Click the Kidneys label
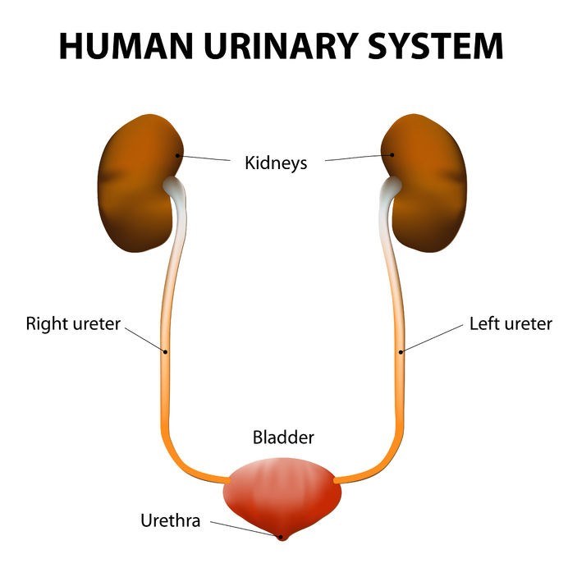point(276,163)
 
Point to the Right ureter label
point(73,323)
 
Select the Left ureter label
point(511,323)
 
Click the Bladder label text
point(282,437)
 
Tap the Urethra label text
point(170,520)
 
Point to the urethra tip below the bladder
point(281,537)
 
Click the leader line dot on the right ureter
point(165,352)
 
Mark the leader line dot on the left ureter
point(401,352)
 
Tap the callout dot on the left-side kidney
point(179,154)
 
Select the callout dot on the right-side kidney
point(392,154)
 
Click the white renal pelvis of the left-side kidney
point(176,190)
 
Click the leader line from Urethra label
point(241,527)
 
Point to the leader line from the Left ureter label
point(432,337)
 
